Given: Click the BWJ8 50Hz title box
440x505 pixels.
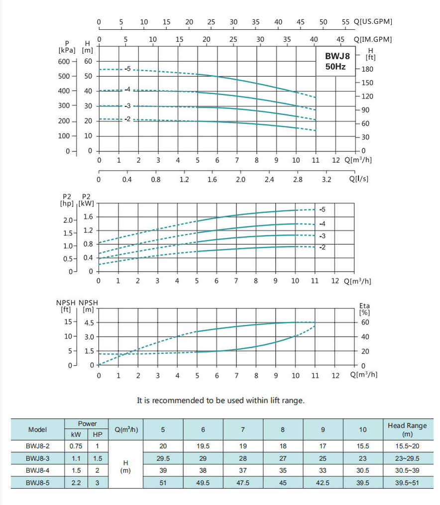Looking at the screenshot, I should coord(335,61).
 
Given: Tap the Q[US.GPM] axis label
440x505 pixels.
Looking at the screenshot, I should coord(373,22).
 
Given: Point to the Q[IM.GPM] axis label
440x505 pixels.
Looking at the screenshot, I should coord(373,39).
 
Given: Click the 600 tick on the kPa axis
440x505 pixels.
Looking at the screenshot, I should coord(65,61).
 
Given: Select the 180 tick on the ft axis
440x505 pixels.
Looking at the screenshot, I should coord(367,69).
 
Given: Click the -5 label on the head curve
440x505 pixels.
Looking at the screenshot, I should coord(127,69).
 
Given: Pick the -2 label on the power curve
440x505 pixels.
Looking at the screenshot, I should coord(322,247).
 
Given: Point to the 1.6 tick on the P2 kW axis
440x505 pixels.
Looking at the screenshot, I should coord(88,217).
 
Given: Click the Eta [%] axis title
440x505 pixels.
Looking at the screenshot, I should coord(364,309).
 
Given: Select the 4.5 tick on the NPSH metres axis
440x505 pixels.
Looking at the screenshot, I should coord(89,322).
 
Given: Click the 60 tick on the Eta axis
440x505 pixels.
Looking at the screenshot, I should coord(365,322).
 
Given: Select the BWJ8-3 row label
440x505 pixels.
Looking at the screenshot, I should coord(37,458).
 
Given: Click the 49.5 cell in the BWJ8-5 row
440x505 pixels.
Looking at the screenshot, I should coord(203,482).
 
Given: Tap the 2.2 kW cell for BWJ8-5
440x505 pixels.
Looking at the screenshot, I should coord(76,482).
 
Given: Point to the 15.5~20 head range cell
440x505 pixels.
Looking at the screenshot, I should coord(407,446).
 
